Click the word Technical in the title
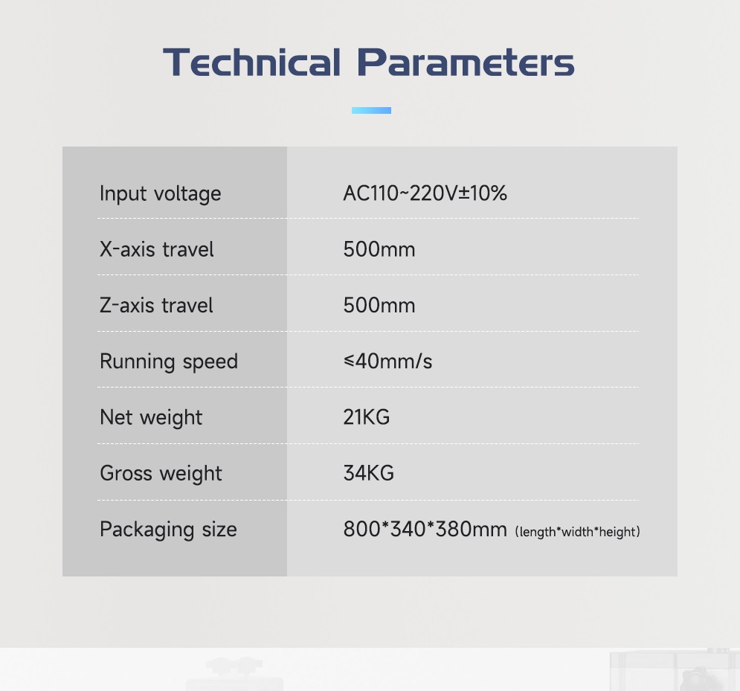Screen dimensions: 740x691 click(x=251, y=62)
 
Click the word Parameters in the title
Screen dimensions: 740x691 click(x=466, y=62)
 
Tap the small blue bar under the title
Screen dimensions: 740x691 click(x=371, y=110)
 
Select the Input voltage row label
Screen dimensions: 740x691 click(x=161, y=194)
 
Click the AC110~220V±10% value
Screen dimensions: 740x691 click(x=425, y=193)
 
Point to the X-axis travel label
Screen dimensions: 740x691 click(x=157, y=249)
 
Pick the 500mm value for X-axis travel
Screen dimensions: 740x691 click(x=379, y=249)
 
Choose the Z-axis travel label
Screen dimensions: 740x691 click(x=156, y=305)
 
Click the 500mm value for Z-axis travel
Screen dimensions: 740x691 click(x=379, y=306)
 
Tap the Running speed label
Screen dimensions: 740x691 click(x=169, y=362)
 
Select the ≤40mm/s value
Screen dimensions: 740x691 click(x=388, y=361)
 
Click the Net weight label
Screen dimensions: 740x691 click(x=151, y=418)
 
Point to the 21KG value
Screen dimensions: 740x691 click(x=367, y=417)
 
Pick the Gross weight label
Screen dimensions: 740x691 click(x=161, y=474)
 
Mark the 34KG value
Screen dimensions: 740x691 click(x=369, y=473)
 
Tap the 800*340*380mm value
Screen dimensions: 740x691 click(x=425, y=529)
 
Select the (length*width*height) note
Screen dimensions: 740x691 click(x=578, y=532)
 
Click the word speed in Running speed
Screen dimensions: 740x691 click(x=210, y=362)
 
